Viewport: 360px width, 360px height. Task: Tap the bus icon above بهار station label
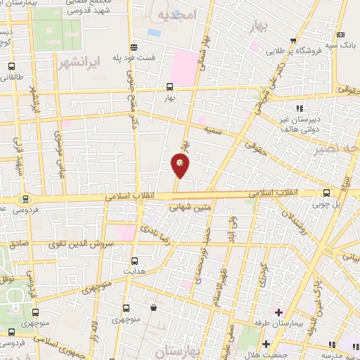(169, 87)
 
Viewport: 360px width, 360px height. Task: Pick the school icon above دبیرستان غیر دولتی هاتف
(300, 108)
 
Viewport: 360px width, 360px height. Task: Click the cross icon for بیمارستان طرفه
(278, 311)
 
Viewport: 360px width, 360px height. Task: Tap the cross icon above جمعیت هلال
(266, 344)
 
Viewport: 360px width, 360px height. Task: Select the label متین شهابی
(193, 207)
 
